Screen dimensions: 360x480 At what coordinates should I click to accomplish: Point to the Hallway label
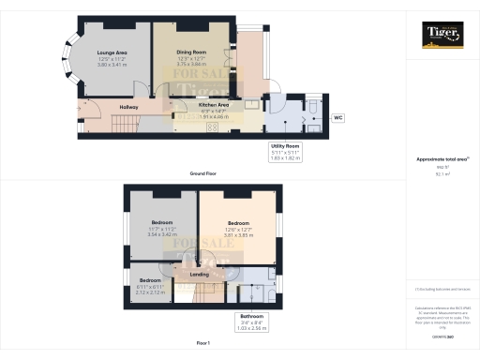(128, 108)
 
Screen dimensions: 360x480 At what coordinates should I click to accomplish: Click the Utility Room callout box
(286, 153)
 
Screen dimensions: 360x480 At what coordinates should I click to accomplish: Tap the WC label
(338, 118)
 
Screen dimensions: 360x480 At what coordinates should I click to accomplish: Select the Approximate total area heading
(441, 159)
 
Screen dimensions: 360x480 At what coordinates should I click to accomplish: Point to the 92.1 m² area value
(441, 173)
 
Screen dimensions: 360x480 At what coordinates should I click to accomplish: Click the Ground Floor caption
(203, 173)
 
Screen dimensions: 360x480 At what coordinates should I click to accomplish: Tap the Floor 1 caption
(203, 344)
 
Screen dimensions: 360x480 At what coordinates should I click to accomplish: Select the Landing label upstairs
(199, 274)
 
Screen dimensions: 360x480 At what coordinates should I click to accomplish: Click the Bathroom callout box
(252, 322)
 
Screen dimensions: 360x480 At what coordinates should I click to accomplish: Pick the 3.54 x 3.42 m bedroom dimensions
(150, 235)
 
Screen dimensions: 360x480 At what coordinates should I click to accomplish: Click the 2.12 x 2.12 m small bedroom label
(150, 292)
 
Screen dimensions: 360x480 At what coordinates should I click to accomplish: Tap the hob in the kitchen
(213, 127)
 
